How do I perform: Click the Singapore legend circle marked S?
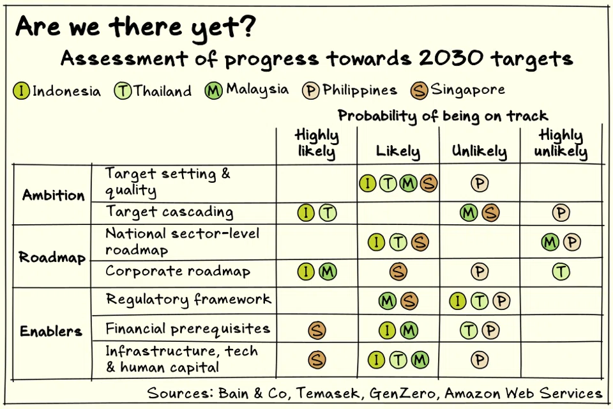point(420,90)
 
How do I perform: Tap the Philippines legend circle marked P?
point(311,91)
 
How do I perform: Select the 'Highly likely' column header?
point(316,143)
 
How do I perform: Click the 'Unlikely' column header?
point(479,151)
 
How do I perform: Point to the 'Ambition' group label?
point(54,195)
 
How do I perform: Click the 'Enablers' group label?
point(51,331)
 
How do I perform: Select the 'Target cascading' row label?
point(169,212)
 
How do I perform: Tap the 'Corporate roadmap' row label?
point(178,272)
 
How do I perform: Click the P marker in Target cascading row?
point(561,213)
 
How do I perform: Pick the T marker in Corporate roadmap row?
point(561,272)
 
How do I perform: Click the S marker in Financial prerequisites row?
point(317,330)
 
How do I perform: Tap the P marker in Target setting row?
point(480,183)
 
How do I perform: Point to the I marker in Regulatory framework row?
point(458,300)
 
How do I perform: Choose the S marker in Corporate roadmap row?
point(398,272)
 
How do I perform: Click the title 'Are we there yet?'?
point(135,27)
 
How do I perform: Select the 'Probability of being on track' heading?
point(443,116)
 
